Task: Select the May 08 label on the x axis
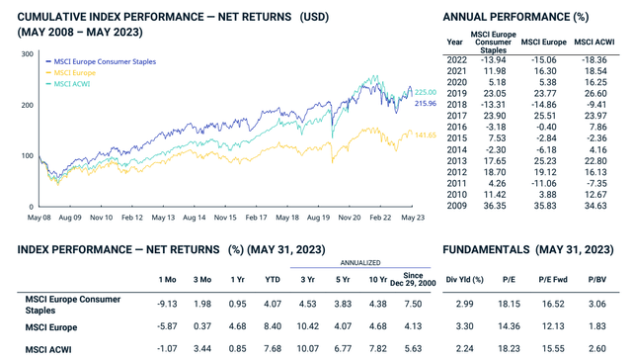(39, 217)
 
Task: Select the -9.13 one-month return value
(160, 301)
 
